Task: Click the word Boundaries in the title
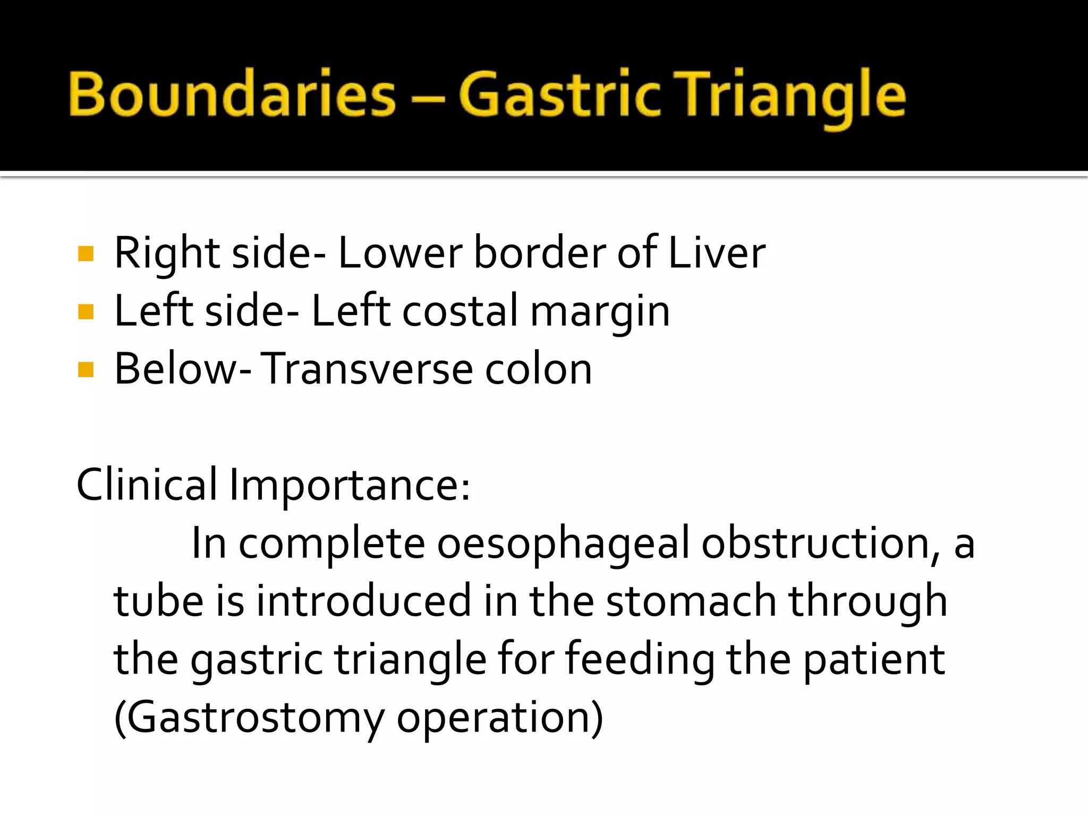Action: pos(232,95)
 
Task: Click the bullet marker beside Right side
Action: pos(86,254)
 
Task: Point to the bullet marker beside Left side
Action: pos(86,312)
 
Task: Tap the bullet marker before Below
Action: pos(86,370)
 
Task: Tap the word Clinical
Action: pos(147,484)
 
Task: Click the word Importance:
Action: pos(349,486)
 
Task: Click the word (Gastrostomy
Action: pos(249,718)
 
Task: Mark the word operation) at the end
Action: pos(499,718)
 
